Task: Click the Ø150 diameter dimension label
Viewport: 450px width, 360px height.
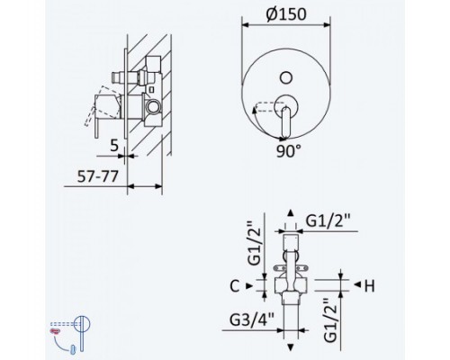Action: point(286,13)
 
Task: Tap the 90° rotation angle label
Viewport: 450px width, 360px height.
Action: point(288,151)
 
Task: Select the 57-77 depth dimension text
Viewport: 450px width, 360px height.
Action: point(98,176)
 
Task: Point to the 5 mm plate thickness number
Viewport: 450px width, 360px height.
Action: point(114,146)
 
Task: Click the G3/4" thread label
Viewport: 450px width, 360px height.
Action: point(252,320)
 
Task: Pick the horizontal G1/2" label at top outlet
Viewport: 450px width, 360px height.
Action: point(328,221)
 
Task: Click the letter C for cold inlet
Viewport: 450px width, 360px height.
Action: point(235,286)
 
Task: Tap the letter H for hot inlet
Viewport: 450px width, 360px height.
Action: point(369,286)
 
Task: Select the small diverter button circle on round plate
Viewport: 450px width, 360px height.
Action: point(286,77)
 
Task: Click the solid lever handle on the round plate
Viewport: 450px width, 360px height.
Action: point(286,121)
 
